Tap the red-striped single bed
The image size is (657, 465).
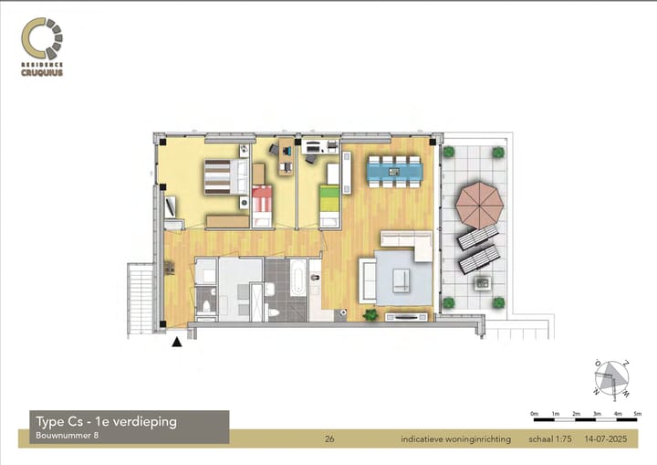pos(262,202)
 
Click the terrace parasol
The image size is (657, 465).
pos(479,205)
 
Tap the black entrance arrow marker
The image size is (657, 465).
pos(176,343)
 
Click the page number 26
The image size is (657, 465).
pos(329,439)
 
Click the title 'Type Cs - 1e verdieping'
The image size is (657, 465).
pos(105,421)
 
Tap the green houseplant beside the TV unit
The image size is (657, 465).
pos(371,315)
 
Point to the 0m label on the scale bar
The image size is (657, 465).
pos(535,414)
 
